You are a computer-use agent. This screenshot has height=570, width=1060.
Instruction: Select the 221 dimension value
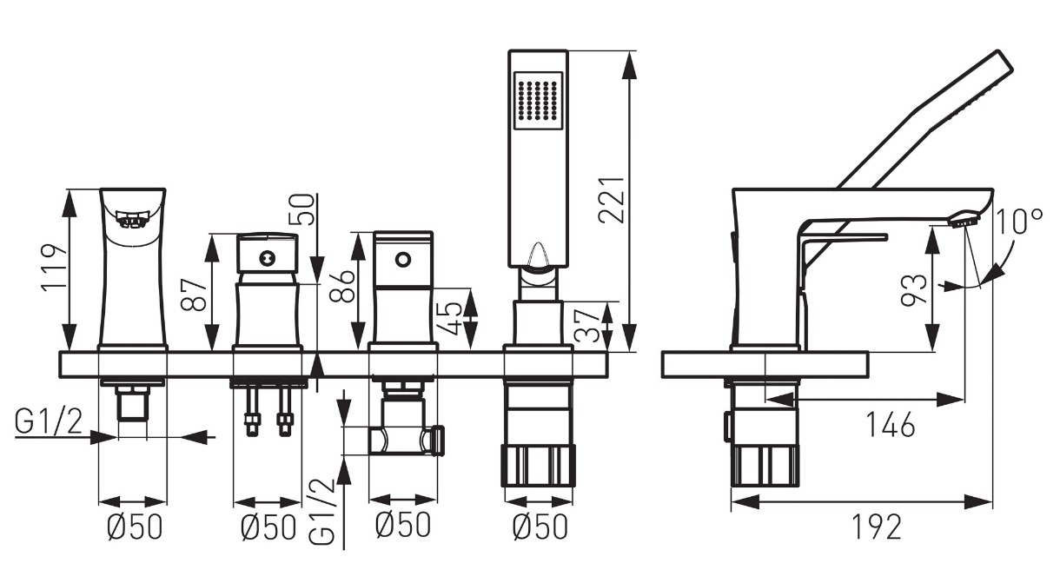click(x=612, y=200)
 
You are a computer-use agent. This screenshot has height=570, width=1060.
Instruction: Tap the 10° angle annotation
click(x=1019, y=222)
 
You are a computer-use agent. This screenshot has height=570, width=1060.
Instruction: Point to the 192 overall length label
click(x=877, y=527)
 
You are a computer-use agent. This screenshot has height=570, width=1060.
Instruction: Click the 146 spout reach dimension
click(x=890, y=425)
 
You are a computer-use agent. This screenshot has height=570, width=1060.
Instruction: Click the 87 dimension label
click(x=194, y=295)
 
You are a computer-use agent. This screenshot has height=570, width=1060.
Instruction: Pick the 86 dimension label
click(x=341, y=286)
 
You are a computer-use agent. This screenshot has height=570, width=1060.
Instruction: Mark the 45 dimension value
click(x=448, y=318)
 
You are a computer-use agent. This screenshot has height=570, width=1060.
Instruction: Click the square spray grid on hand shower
click(x=538, y=101)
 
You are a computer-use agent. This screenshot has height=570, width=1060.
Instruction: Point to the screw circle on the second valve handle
click(x=267, y=258)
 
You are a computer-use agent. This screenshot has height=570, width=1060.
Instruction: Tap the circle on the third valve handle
click(x=402, y=260)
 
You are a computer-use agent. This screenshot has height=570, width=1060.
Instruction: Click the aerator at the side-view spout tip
click(x=964, y=220)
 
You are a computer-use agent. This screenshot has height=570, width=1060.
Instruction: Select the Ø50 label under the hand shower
click(x=540, y=527)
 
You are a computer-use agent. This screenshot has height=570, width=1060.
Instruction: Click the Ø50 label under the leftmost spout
click(x=135, y=527)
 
